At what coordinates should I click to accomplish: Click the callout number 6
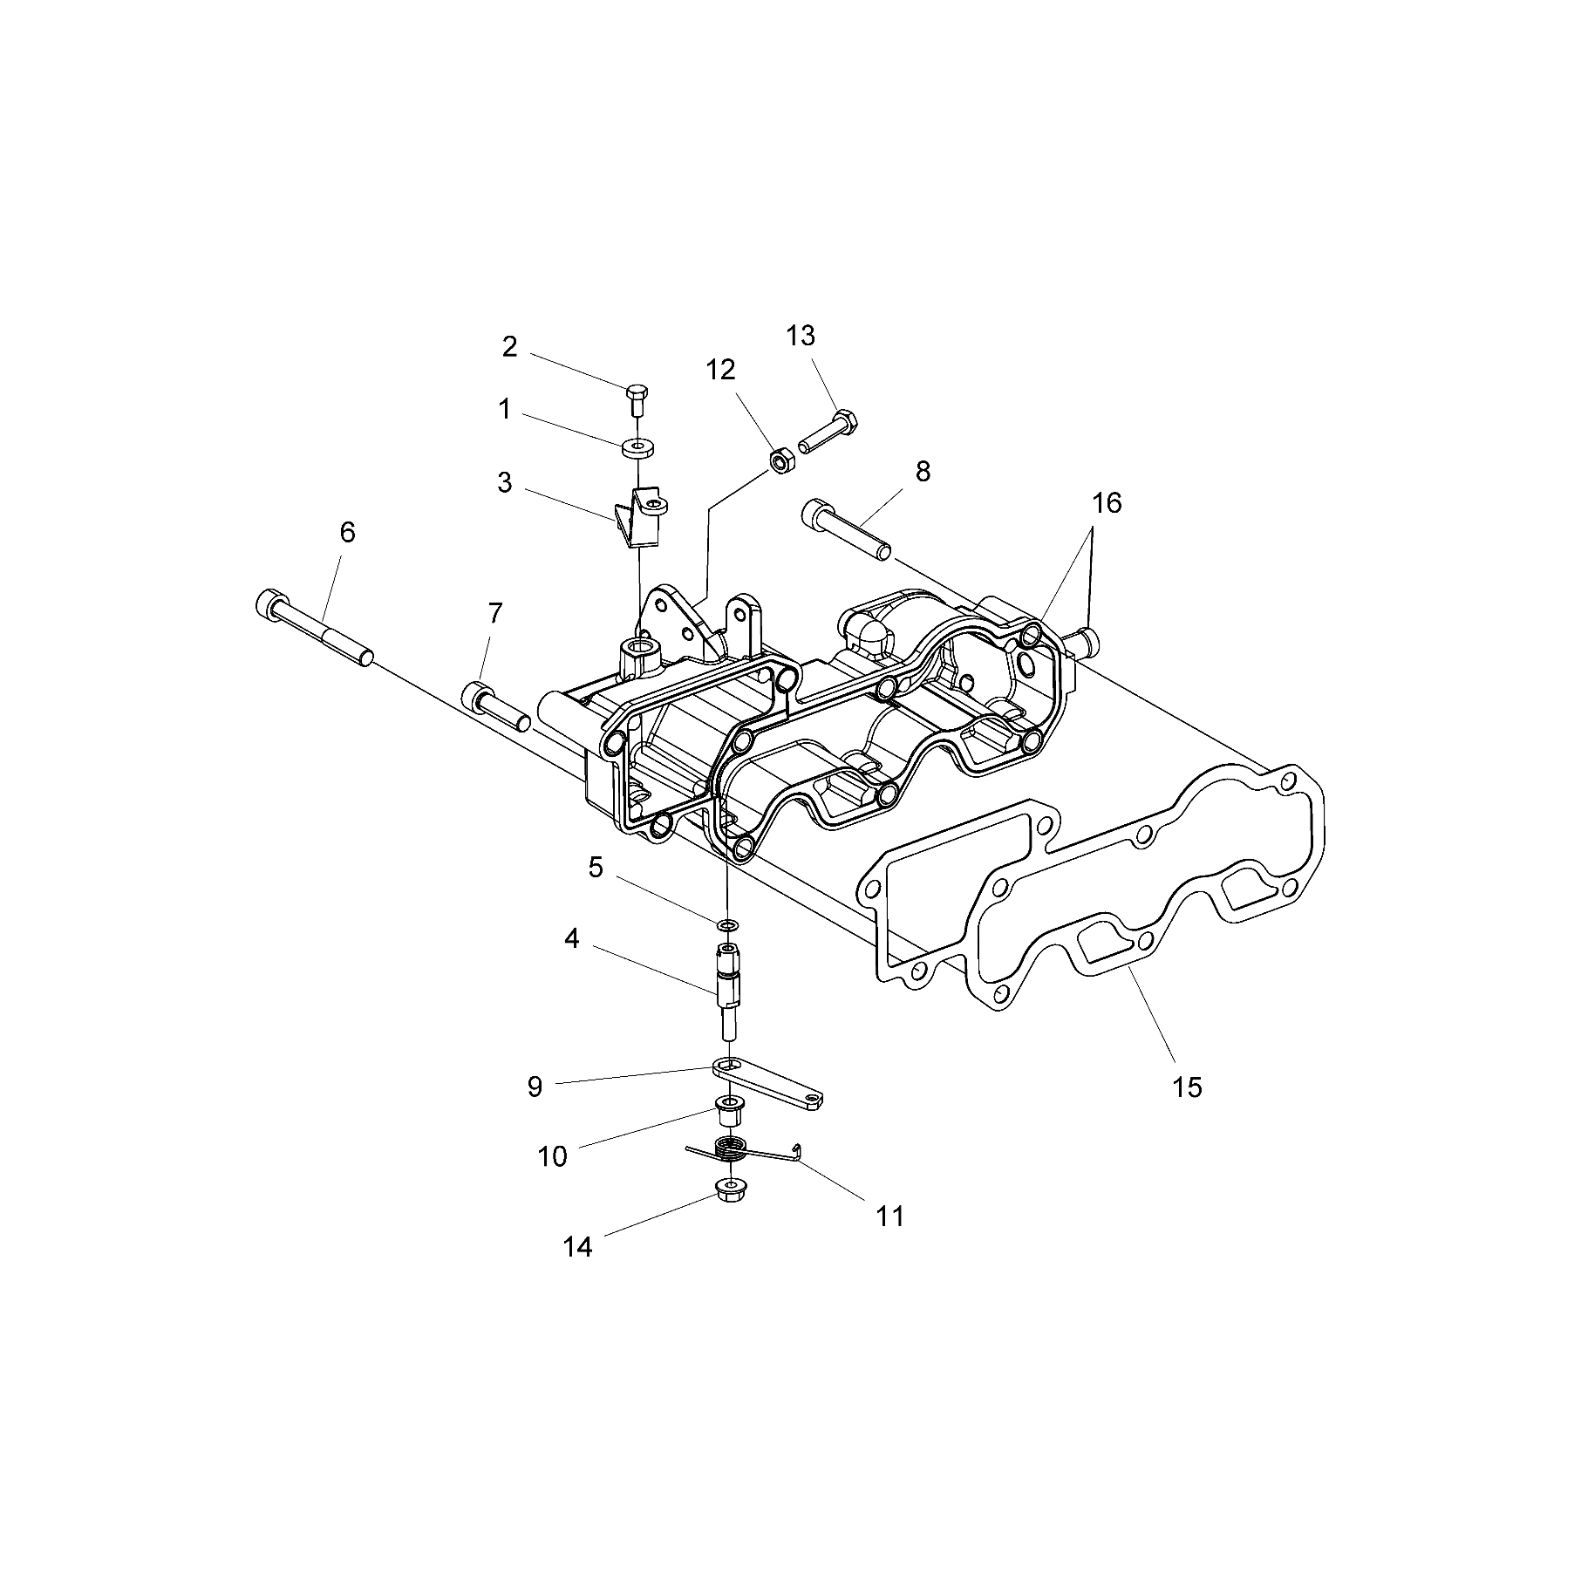coord(347,532)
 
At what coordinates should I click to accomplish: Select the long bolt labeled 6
coord(314,627)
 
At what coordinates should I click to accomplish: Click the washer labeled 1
coord(639,449)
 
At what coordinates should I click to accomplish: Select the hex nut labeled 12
coord(780,459)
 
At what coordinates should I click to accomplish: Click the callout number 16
coord(1107,503)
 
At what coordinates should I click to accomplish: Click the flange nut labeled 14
coord(727,1189)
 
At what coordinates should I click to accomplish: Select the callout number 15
coord(1187,1087)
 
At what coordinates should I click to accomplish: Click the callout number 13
coord(800,335)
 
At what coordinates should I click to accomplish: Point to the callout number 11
coord(889,1216)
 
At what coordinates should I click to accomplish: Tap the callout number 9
coord(535,1087)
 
